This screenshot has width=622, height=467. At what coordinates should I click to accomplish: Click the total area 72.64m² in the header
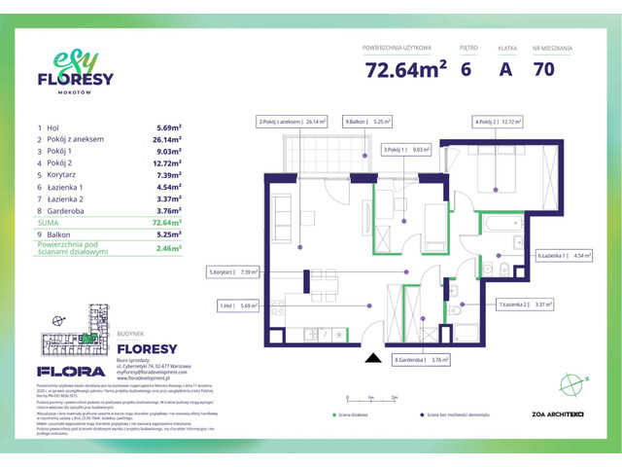(406, 69)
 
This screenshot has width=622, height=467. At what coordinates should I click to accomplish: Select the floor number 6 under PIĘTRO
(468, 69)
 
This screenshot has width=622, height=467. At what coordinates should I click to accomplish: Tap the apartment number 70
(545, 69)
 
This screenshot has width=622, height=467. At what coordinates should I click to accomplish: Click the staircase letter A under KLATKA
(505, 69)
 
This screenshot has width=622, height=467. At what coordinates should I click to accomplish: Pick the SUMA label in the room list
(49, 222)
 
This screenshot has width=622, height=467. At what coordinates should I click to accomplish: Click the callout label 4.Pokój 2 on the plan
(499, 123)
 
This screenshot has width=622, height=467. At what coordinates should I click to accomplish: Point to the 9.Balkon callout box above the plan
(366, 123)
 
